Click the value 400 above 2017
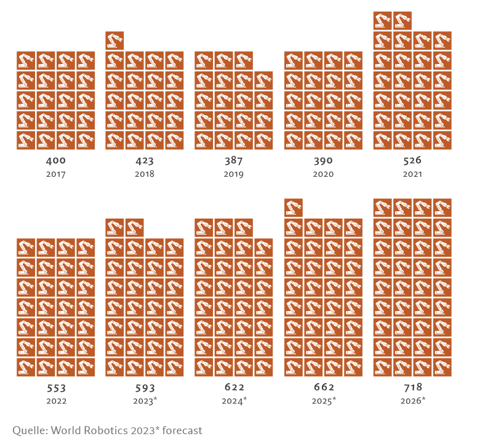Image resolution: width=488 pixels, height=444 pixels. [55, 161]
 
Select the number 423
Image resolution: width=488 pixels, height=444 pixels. [145, 161]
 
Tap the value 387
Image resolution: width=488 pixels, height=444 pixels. [234, 161]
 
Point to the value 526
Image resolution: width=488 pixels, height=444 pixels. [412, 161]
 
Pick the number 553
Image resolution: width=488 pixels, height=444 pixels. [55, 388]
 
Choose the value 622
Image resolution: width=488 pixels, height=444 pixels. [234, 387]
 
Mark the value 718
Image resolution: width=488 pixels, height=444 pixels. [412, 387]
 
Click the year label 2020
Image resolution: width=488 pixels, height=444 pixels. [323, 174]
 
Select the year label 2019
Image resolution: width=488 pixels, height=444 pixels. [234, 174]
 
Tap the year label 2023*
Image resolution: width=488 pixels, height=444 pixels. [145, 400]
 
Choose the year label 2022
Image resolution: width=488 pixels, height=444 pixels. [55, 400]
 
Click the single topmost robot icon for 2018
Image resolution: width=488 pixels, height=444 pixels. [114, 41]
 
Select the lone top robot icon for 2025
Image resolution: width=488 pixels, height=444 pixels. [294, 208]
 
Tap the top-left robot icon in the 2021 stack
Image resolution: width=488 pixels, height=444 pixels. [383, 21]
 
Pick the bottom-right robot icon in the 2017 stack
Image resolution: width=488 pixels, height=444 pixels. [86, 140]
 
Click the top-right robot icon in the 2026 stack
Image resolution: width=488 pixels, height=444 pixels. [442, 208]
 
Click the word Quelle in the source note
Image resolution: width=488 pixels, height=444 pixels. [28, 430]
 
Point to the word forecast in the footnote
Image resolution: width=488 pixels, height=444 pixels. [180, 430]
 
